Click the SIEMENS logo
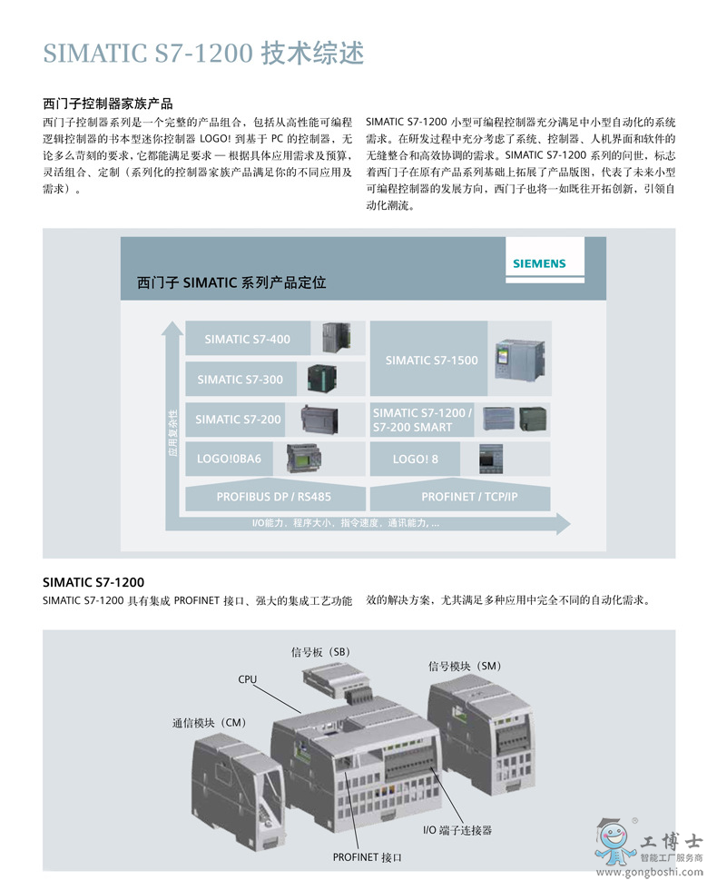539,263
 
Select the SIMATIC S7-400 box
248,338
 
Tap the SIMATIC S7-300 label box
241,380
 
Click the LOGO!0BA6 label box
229,459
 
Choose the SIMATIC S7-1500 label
431,360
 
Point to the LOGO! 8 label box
416,459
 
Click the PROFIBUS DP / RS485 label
273,497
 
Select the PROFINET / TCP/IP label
469,497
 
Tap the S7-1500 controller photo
519,360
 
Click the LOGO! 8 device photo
491,460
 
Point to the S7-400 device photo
336,338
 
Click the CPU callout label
247,679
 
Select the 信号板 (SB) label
320,652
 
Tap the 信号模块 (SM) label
465,666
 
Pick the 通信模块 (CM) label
210,723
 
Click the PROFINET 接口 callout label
367,857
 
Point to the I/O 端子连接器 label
457,830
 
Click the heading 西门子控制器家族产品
108,104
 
